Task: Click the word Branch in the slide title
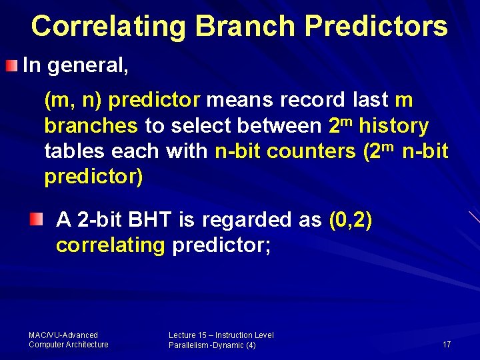(246, 26)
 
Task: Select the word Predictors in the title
(375, 26)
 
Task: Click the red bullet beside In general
(13, 65)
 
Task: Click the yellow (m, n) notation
(73, 101)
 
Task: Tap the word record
(313, 101)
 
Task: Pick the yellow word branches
(91, 126)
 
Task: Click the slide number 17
(446, 344)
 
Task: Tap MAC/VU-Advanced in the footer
(63, 335)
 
